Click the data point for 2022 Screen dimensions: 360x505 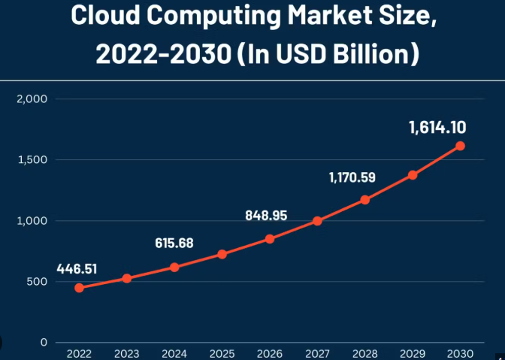coord(79,288)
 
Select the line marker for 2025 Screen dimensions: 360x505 coord(222,254)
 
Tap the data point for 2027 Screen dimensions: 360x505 coord(317,221)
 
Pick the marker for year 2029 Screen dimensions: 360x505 coord(413,175)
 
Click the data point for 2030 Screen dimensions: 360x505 coord(460,146)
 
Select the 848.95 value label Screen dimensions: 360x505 coord(266,215)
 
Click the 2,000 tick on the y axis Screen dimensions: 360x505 coord(32,98)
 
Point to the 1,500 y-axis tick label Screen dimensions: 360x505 coord(32,159)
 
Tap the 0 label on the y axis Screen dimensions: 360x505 coord(44,343)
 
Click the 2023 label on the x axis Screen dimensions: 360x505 coord(126,352)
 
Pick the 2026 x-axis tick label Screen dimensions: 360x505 coord(269,352)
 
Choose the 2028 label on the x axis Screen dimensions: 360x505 coord(364,352)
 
